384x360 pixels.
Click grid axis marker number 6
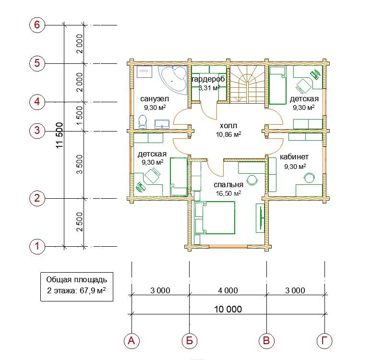point(37,25)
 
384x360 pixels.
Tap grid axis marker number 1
point(37,246)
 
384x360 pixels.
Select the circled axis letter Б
point(190,341)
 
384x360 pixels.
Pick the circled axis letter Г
point(324,341)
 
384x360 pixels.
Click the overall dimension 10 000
point(228,309)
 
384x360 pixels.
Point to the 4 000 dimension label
point(228,290)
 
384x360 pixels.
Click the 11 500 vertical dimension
point(60,135)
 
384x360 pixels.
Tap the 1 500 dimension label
point(80,115)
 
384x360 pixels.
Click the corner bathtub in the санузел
point(173,79)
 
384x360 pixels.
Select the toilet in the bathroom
point(143,121)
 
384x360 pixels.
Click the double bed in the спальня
point(215,217)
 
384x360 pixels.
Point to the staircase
point(247,84)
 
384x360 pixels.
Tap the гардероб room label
point(208,79)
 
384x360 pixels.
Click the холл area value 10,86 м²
point(228,134)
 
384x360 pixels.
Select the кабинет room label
point(294,157)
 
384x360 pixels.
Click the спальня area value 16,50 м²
point(228,193)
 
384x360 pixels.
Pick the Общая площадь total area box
point(77,287)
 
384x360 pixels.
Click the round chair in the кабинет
point(309,178)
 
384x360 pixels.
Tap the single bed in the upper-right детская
point(278,85)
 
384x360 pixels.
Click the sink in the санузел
point(162,124)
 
